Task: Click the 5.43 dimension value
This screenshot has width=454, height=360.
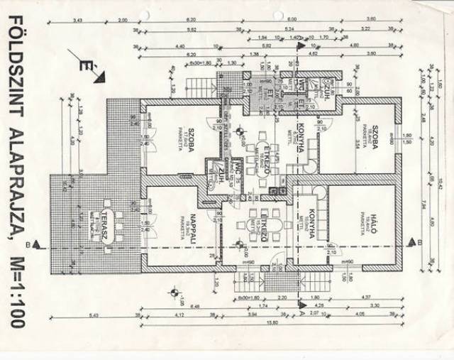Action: pos(94,314)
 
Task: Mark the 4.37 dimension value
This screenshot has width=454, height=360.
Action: pos(367,296)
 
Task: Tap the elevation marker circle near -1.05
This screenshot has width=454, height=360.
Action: pos(172,290)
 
